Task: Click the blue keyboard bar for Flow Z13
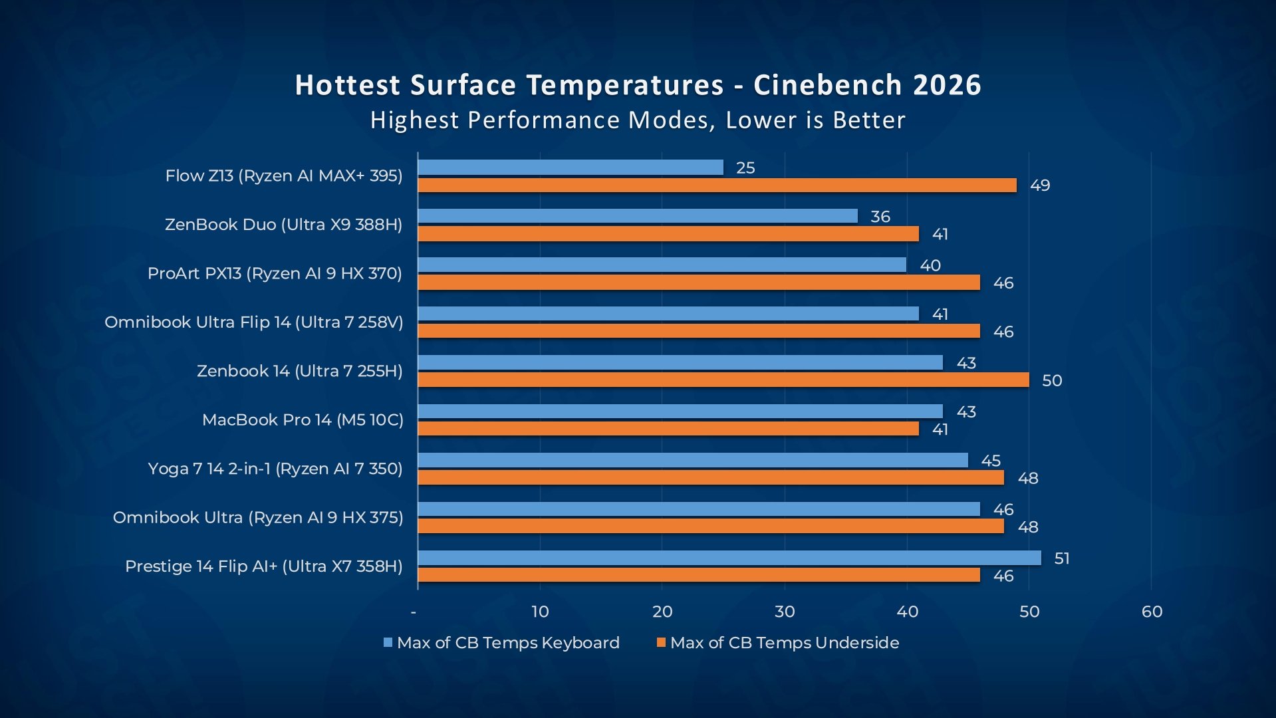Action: coord(571,168)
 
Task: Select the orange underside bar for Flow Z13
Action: coord(717,185)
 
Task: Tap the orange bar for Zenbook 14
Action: coord(723,380)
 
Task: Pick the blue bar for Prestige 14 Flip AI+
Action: coord(729,558)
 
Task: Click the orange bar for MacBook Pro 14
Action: coord(668,429)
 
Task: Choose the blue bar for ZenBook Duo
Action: coord(638,216)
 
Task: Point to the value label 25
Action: coord(745,168)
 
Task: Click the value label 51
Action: coord(1062,558)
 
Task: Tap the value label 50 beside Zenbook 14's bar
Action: coord(1052,381)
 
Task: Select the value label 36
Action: coord(880,217)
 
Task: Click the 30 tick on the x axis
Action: coord(785,612)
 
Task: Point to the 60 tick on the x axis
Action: coord(1152,612)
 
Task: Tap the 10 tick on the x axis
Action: coord(540,612)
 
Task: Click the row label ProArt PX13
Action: coord(275,273)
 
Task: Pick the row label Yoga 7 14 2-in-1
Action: coord(275,469)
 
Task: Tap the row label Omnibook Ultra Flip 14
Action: coord(254,322)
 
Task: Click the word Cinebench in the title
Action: coord(827,85)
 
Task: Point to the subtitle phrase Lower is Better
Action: coord(815,120)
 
